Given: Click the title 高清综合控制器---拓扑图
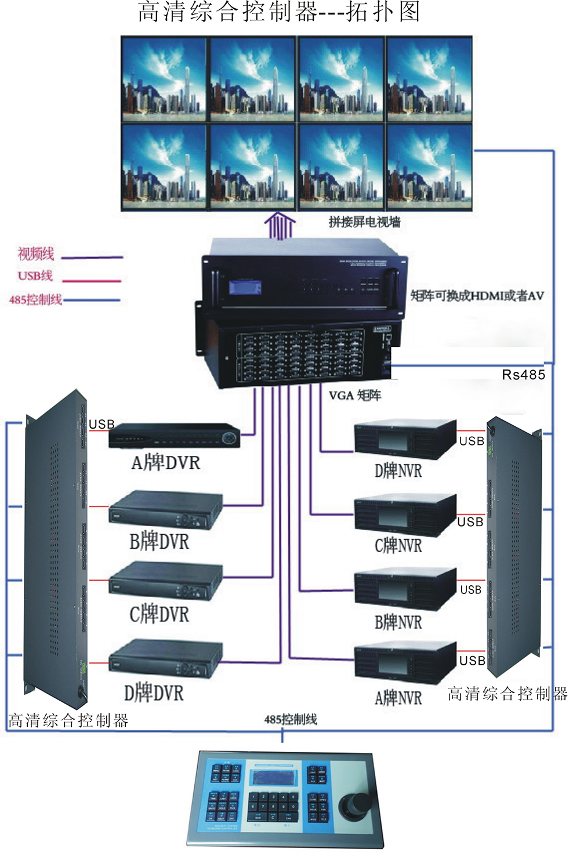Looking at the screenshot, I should click(x=279, y=12).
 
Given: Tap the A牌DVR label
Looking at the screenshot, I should click(x=166, y=462).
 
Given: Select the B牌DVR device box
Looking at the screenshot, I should click(x=166, y=510).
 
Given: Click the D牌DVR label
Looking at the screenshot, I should click(x=154, y=693).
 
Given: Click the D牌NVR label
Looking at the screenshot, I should click(x=398, y=470).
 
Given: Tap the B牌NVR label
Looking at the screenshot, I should click(x=398, y=622).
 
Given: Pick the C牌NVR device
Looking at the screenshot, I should click(x=405, y=514).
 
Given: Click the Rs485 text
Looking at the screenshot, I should click(x=523, y=375).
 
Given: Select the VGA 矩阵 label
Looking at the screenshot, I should click(x=355, y=396).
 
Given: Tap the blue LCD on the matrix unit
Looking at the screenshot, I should click(x=245, y=287).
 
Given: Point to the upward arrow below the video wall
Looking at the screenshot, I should click(x=280, y=226).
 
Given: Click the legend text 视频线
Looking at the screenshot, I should click(x=35, y=253).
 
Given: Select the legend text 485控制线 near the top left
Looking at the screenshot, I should click(x=35, y=300).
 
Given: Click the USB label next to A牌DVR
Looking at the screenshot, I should click(x=101, y=425).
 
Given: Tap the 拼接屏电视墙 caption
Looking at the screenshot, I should click(x=364, y=222).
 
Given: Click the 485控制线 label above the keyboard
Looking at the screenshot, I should click(x=290, y=720).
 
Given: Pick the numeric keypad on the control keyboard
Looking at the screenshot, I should click(x=273, y=807).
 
